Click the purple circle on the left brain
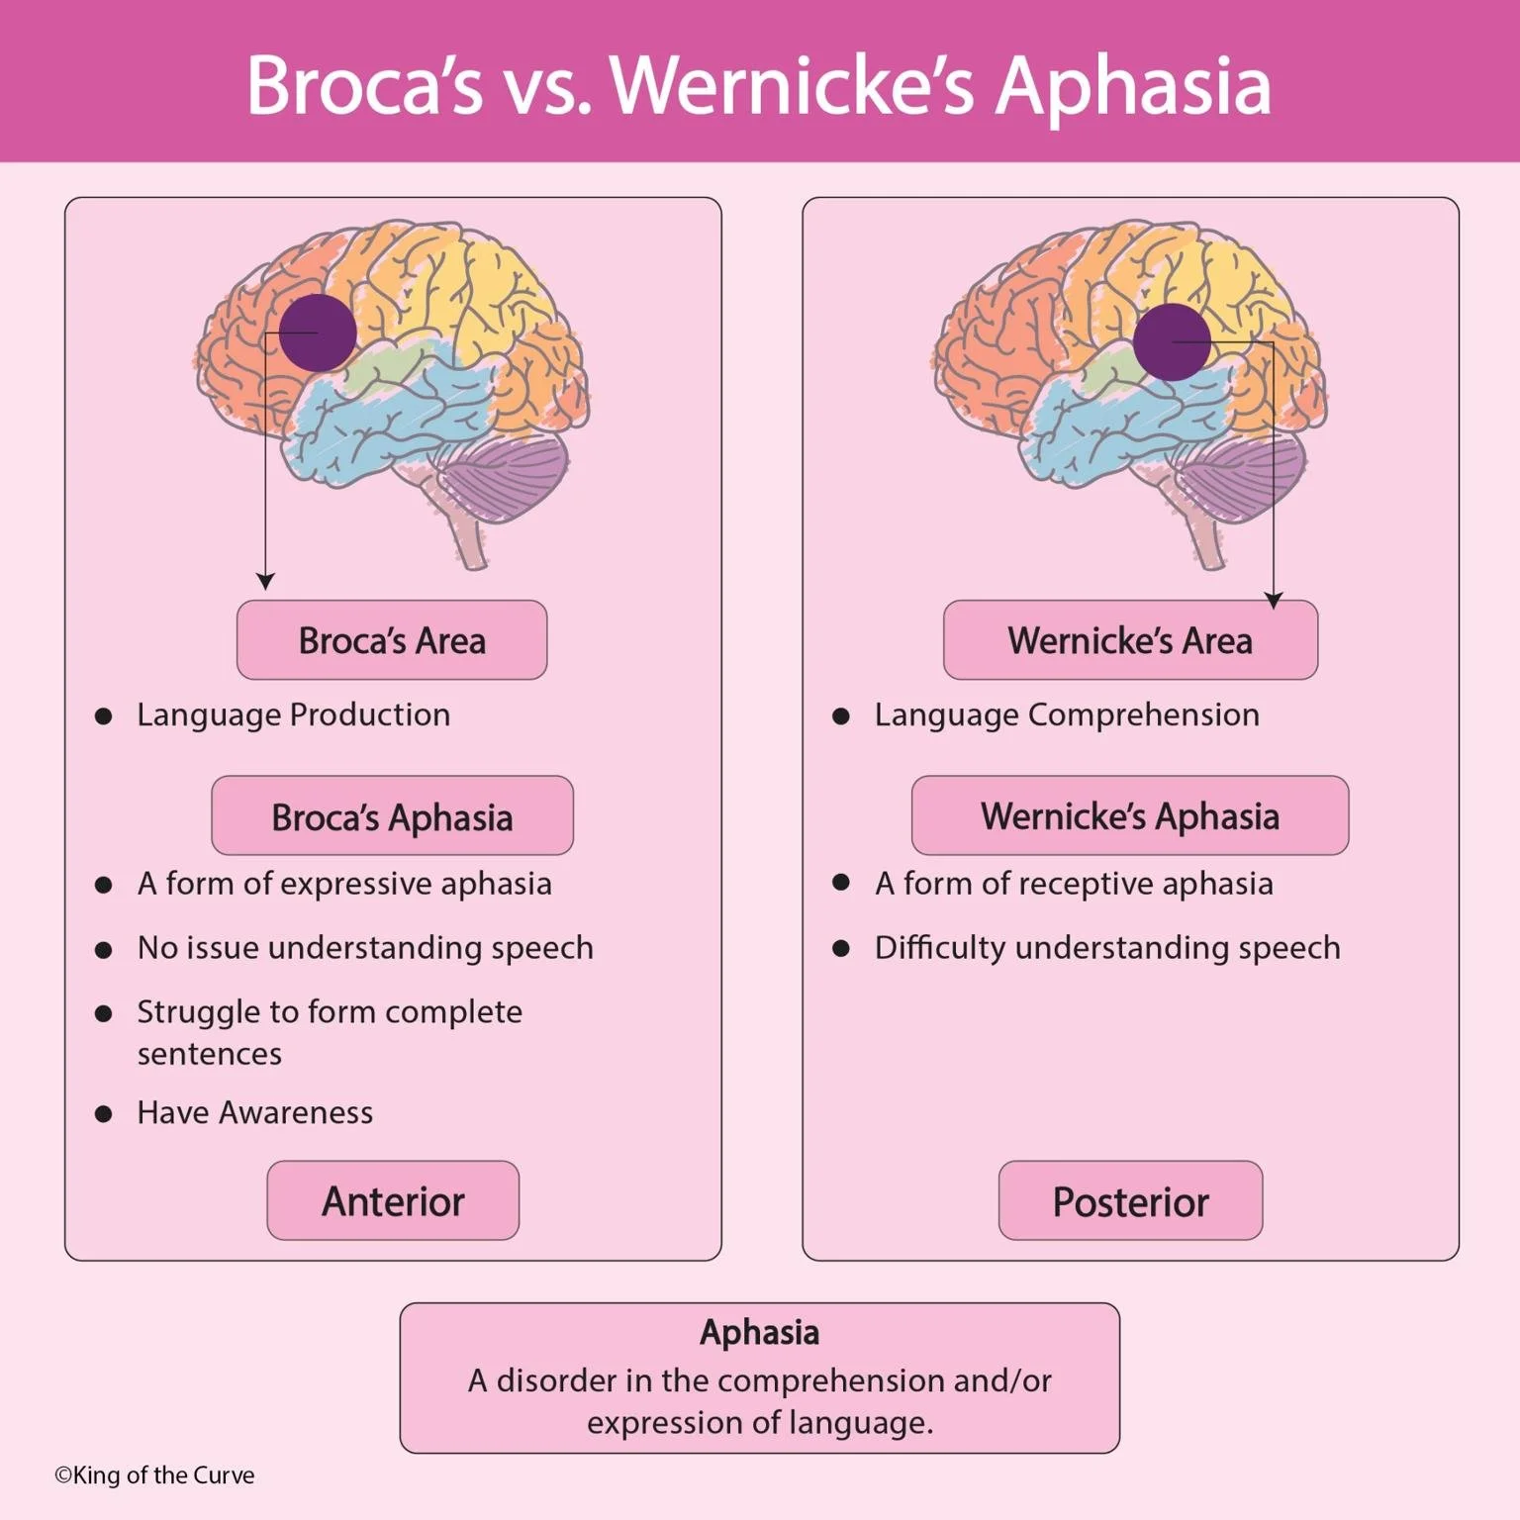click(318, 332)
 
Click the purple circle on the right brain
click(1172, 342)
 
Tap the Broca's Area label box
click(392, 640)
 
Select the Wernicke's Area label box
click(1130, 640)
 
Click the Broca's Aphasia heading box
click(392, 816)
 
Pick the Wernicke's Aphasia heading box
click(1130, 816)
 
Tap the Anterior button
click(393, 1201)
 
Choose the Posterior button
click(1130, 1201)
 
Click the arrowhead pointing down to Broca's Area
click(264, 581)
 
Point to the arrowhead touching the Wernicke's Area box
click(1274, 600)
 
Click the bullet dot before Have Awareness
click(103, 1113)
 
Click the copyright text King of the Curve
click(155, 1475)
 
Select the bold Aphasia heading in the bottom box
click(760, 1333)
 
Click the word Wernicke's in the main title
click(793, 86)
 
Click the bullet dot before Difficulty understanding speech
click(841, 948)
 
